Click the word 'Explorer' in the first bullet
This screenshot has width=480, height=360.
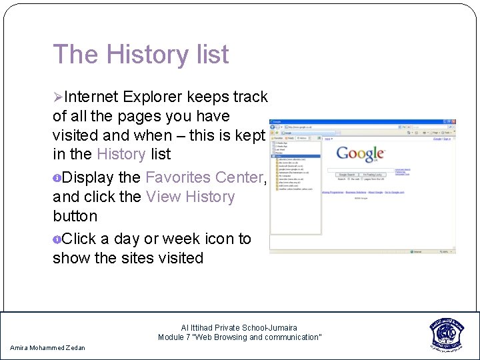point(150,97)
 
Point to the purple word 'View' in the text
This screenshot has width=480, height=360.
point(163,197)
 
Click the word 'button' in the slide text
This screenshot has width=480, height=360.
point(75,216)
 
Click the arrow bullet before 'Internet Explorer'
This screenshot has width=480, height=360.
point(58,97)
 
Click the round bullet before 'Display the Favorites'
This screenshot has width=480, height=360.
point(57,178)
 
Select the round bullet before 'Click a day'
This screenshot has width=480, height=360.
point(57,239)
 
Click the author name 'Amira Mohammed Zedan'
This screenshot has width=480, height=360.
point(48,347)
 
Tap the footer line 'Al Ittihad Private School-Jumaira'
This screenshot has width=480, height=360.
point(239,327)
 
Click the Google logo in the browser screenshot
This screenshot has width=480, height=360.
point(360,154)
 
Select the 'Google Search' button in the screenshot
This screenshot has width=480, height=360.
point(347,175)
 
